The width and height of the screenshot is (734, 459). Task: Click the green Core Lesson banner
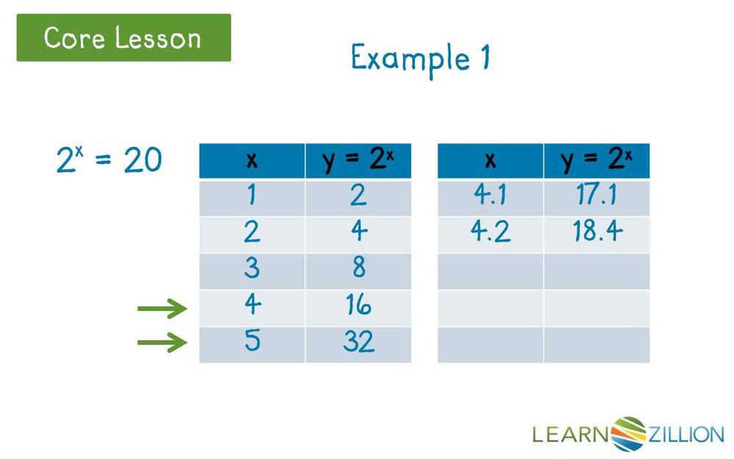pos(123,37)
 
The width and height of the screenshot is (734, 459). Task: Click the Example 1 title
pos(420,58)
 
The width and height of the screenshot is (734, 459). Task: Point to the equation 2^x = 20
pos(109,159)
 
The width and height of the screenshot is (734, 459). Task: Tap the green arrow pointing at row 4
pos(162,309)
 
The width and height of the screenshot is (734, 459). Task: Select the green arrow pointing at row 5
pos(162,342)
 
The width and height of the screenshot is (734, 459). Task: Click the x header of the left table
pos(252,161)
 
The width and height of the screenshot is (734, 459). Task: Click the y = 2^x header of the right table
pos(596,161)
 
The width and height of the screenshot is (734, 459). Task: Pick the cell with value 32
pos(358,342)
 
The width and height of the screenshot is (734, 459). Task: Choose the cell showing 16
pos(358,306)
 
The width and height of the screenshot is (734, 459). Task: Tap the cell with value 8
pos(358,269)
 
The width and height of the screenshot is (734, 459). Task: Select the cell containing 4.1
pos(490,196)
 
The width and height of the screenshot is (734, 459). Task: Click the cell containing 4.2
pos(490,233)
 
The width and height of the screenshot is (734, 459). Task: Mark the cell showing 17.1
pos(596,196)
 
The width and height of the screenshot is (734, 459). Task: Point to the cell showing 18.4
pos(596,233)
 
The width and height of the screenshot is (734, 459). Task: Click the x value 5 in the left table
pos(252,342)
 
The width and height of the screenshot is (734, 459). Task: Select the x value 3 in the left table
pos(252,269)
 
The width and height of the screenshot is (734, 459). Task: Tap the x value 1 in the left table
pos(252,196)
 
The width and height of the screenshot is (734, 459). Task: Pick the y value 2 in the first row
pos(358,196)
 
